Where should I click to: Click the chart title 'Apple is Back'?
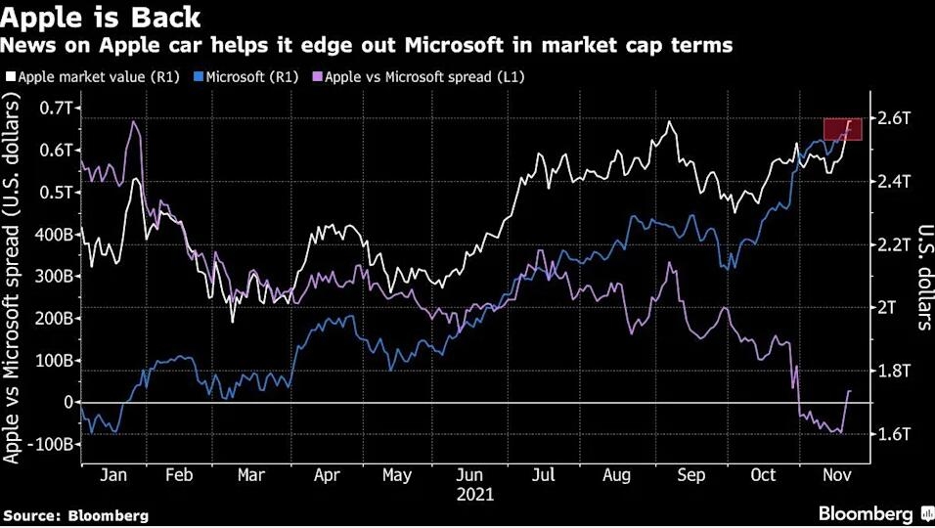[102, 17]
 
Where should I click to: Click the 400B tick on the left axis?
[53, 235]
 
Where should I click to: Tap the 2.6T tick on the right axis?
[893, 118]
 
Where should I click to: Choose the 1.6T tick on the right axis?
[893, 434]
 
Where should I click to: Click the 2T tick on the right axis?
[886, 308]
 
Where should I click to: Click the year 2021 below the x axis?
[475, 495]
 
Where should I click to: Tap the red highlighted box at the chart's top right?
[842, 129]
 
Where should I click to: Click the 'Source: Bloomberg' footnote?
[76, 514]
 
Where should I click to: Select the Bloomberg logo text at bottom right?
[866, 513]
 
